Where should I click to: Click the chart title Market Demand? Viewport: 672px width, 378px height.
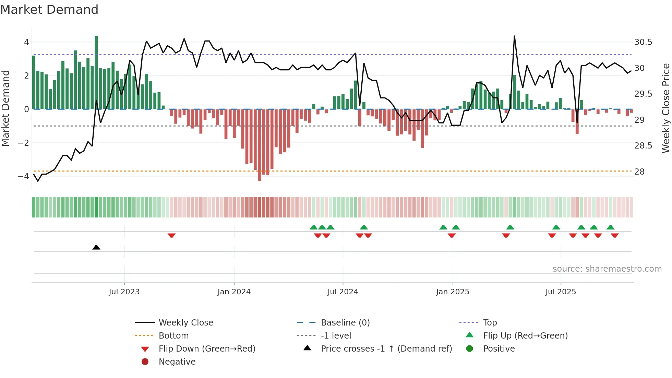click(x=49, y=10)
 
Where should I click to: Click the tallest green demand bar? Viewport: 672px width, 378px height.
click(x=96, y=72)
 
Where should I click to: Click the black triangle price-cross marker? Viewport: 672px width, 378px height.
click(x=96, y=247)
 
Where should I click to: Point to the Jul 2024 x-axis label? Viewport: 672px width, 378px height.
click(x=343, y=292)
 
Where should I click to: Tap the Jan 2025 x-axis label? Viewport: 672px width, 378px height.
click(x=453, y=292)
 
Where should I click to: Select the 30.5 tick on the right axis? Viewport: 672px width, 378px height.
click(x=643, y=42)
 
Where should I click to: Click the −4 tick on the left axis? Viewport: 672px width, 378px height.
click(x=23, y=176)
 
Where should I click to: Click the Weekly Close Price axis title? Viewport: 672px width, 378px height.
click(x=665, y=108)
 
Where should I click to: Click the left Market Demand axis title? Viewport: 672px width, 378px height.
click(x=6, y=108)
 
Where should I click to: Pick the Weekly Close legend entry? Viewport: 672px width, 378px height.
click(x=185, y=322)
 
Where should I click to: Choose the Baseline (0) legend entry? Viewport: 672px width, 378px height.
click(x=345, y=322)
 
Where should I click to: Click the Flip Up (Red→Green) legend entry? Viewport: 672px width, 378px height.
click(x=525, y=335)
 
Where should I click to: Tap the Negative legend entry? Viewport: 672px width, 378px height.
click(x=177, y=362)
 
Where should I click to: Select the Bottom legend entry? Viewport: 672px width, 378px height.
click(x=173, y=335)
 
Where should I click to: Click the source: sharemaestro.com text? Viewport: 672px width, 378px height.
click(x=607, y=269)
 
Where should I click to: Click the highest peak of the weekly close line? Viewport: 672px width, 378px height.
click(x=514, y=36)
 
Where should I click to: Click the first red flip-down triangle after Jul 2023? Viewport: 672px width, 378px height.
click(x=172, y=235)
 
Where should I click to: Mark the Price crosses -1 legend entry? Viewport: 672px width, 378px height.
click(x=386, y=349)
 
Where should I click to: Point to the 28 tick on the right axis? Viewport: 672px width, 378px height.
click(x=639, y=172)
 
